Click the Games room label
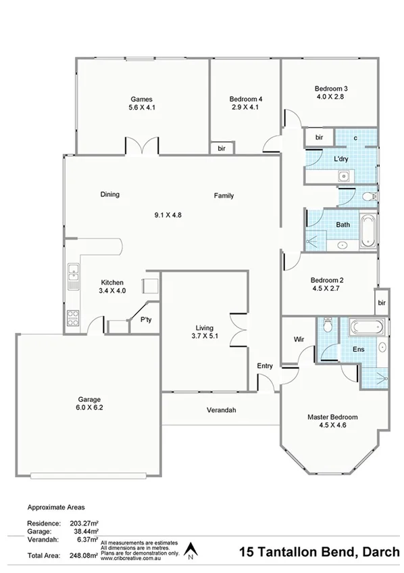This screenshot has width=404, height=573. [x=141, y=99]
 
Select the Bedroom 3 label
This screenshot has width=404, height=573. [x=331, y=89]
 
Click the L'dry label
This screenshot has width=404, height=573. [x=341, y=160]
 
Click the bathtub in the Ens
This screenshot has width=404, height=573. [x=368, y=329]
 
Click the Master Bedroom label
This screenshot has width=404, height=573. [x=332, y=417]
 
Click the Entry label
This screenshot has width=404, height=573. [x=265, y=366]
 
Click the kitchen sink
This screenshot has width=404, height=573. [x=72, y=275]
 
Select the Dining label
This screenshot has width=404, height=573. [x=110, y=194]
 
